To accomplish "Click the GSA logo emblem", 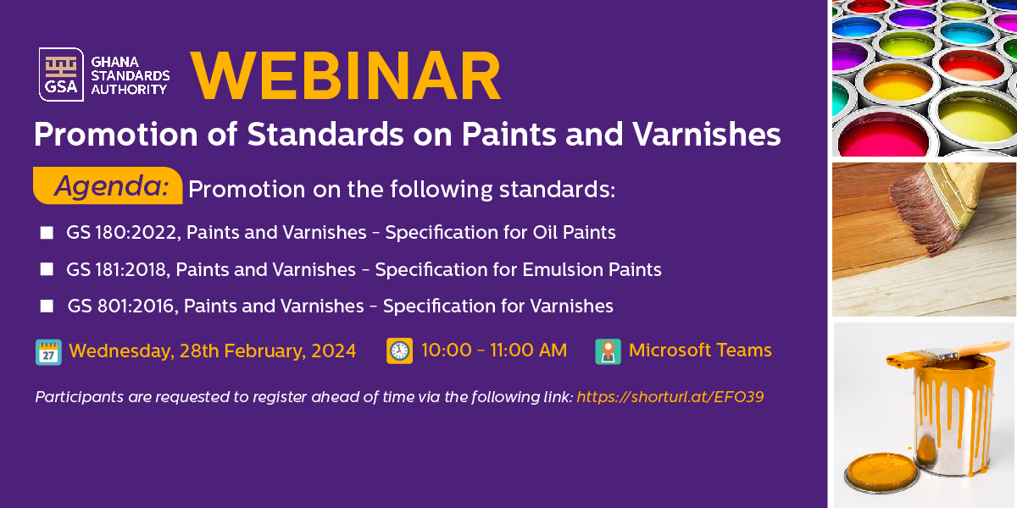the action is [61, 75].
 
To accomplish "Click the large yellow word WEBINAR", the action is [346, 75].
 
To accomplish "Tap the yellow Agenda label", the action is [108, 185].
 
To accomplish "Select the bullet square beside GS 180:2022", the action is [47, 233].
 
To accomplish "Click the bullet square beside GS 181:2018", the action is [47, 269].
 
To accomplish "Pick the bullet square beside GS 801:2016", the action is [47, 306].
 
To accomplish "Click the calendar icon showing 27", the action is [48, 352].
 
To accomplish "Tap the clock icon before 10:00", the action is [399, 351].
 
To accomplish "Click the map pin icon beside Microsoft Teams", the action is [608, 351].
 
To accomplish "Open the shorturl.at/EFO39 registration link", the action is [670, 397].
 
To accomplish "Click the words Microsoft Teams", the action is [700, 351].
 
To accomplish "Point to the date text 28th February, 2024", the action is [268, 351].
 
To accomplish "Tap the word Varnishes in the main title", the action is [707, 135].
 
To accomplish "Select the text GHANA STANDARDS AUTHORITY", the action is [130, 75].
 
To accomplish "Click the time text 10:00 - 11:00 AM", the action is [494, 351].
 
